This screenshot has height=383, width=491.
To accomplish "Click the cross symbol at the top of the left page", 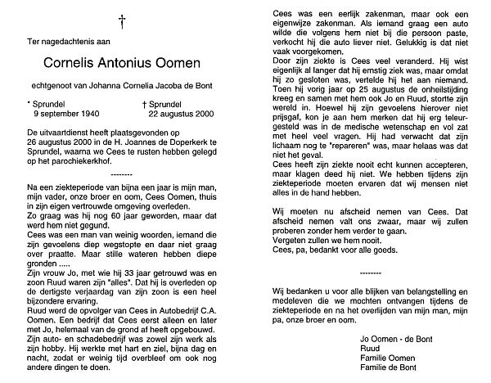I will [x=122, y=19].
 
